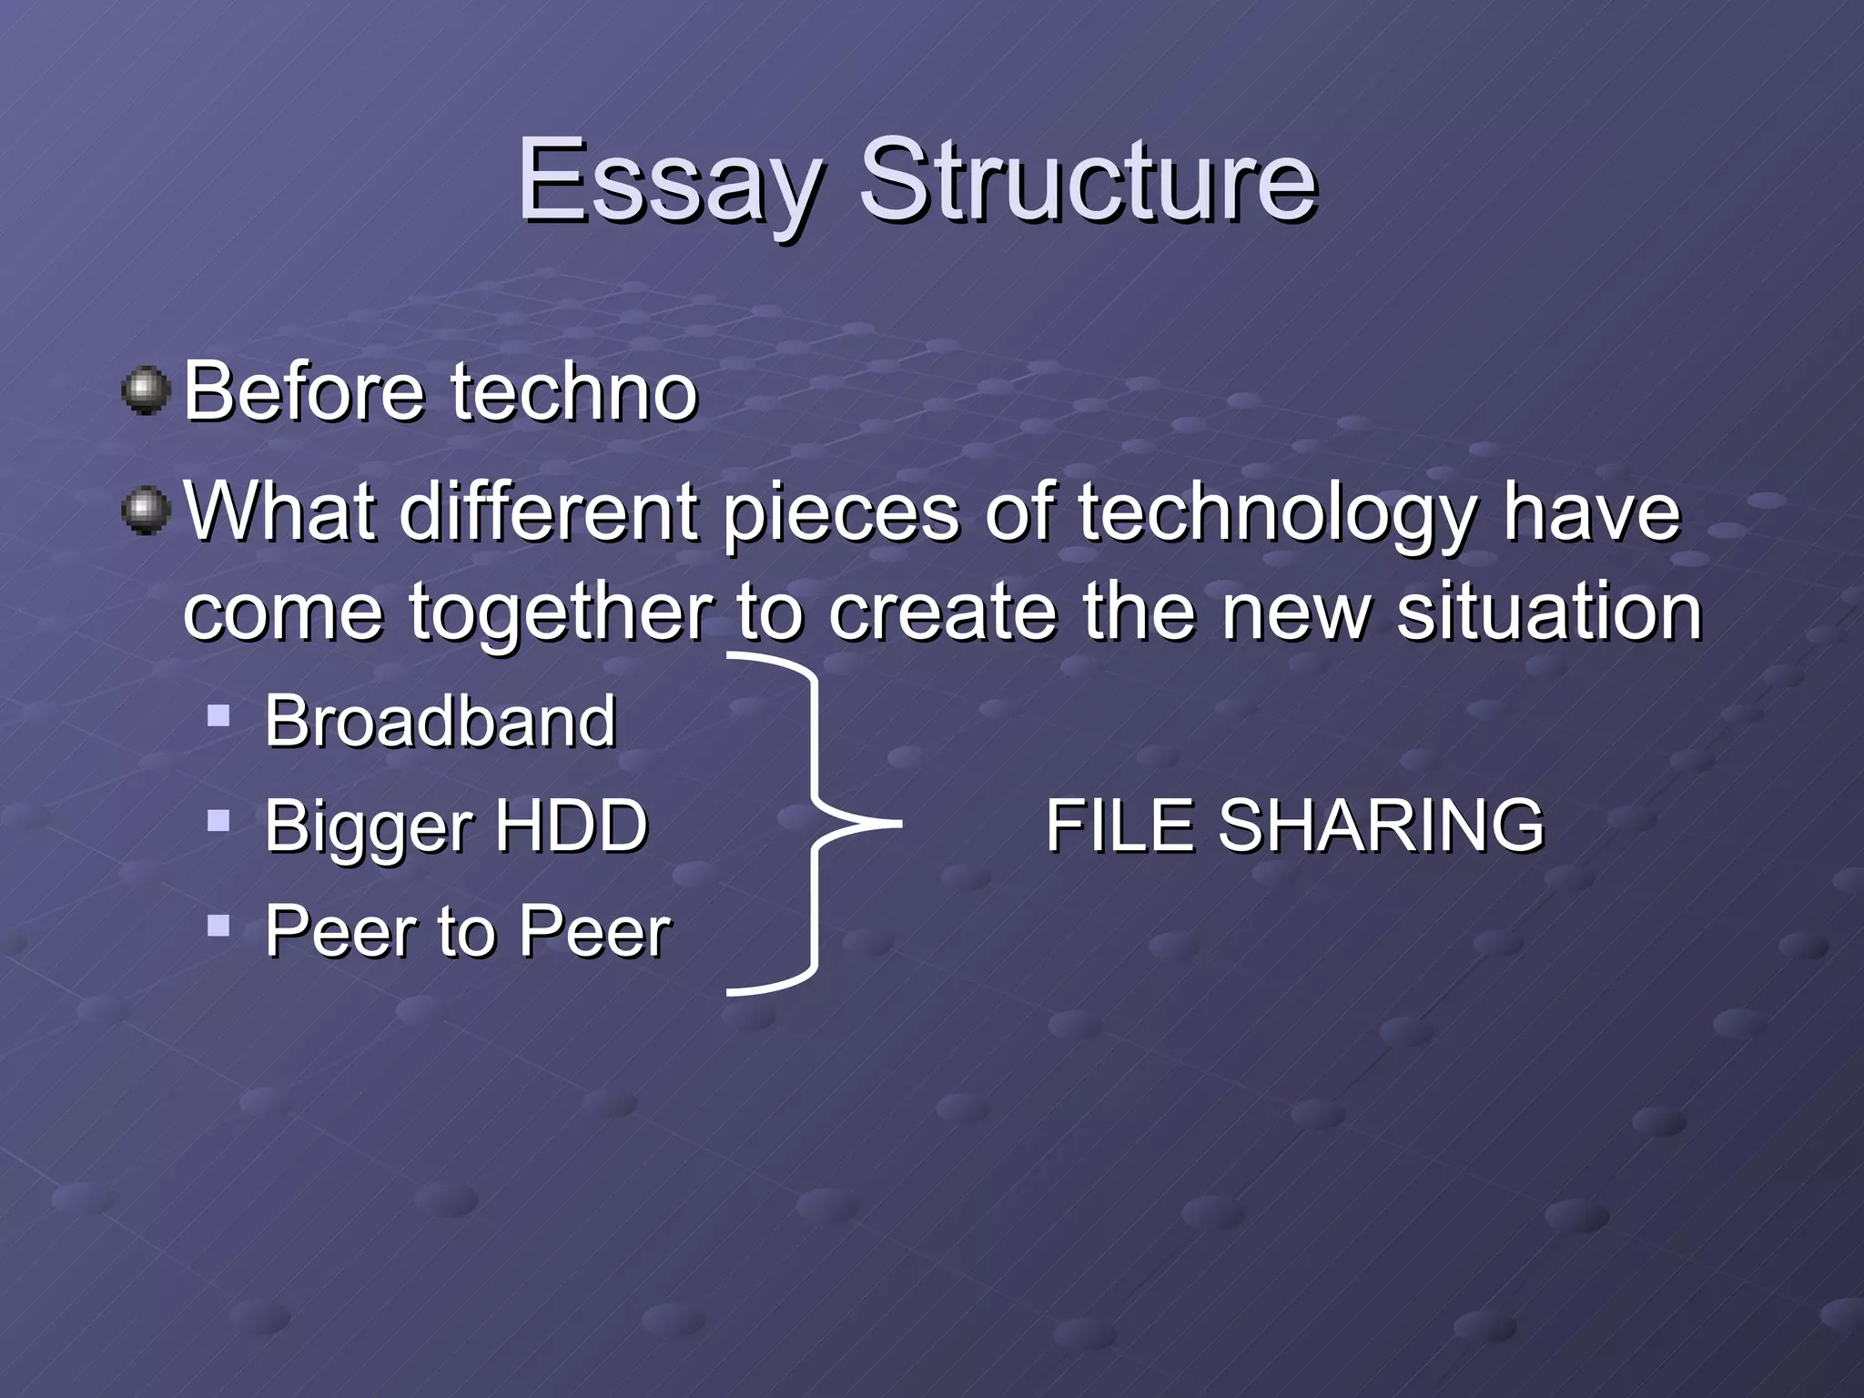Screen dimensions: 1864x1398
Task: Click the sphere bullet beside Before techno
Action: pyautogui.click(x=147, y=391)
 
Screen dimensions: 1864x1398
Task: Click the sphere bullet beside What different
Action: pyautogui.click(x=147, y=511)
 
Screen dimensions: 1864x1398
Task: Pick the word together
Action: pyautogui.click(x=559, y=613)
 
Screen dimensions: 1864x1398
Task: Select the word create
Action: pyautogui.click(x=943, y=612)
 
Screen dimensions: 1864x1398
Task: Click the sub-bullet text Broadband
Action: pyautogui.click(x=441, y=721)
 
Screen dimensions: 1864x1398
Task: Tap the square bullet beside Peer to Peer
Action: pyautogui.click(x=218, y=927)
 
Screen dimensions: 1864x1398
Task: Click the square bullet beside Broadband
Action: pyautogui.click(x=218, y=714)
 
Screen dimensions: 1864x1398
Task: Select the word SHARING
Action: pyautogui.click(x=1381, y=826)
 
